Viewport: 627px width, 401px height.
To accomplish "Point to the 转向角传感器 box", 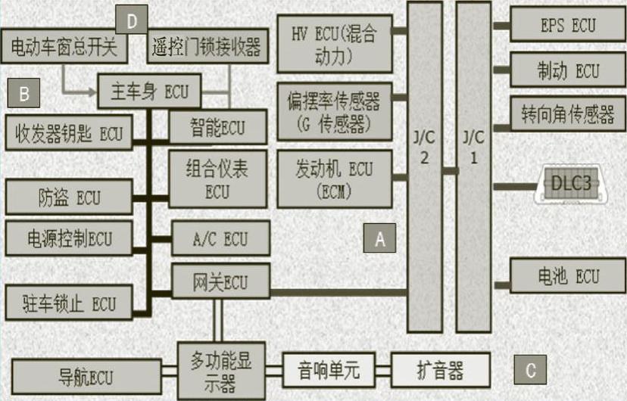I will pyautogui.click(x=566, y=115).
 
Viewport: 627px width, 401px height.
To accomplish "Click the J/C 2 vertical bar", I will pyautogui.click(x=424, y=166).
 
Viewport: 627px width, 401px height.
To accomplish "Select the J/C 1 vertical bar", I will pyautogui.click(x=474, y=166).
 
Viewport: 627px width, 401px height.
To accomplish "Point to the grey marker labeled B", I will pyautogui.click(x=24, y=94).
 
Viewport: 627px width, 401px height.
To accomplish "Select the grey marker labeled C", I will pyautogui.click(x=531, y=370).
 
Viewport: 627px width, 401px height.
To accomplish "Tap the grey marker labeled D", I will pyautogui.click(x=132, y=20).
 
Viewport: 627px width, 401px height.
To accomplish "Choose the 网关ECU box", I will pyautogui.click(x=220, y=282).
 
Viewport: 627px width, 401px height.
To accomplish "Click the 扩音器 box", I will pyautogui.click(x=440, y=371).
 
